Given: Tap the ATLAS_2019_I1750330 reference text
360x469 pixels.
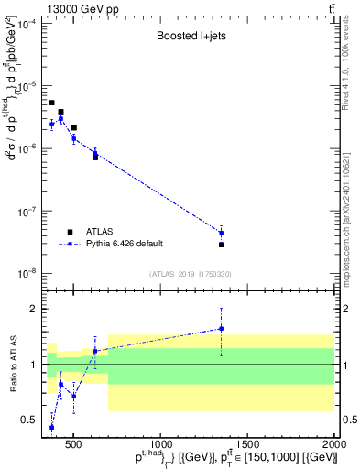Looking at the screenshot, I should [x=189, y=274].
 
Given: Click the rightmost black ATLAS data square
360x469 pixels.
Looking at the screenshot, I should [x=222, y=245].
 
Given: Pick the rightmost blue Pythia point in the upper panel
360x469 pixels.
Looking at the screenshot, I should [x=221, y=233].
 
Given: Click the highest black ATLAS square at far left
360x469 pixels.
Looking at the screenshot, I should [x=52, y=103].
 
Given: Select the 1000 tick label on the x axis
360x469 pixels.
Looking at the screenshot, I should [x=160, y=442].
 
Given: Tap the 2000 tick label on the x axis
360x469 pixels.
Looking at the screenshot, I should [x=334, y=442].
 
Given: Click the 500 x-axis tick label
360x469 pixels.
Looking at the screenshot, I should [x=73, y=442].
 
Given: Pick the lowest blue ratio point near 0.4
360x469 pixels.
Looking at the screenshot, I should [x=52, y=427].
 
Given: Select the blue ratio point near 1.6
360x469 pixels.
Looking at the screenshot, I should [x=221, y=329].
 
